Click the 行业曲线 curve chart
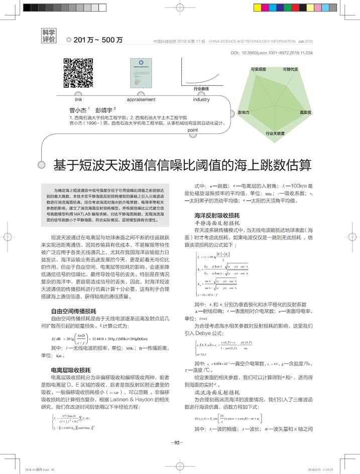pyautogui.click(x=201, y=73)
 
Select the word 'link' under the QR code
pyautogui.click(x=78, y=100)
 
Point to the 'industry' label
pyautogui.click(x=201, y=100)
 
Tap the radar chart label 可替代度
pyautogui.click(x=290, y=69)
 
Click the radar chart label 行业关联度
pyautogui.click(x=275, y=134)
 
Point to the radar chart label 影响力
pyautogui.click(x=244, y=113)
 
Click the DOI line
pyautogui.click(x=272, y=52)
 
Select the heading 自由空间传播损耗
pyautogui.click(x=70, y=311)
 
